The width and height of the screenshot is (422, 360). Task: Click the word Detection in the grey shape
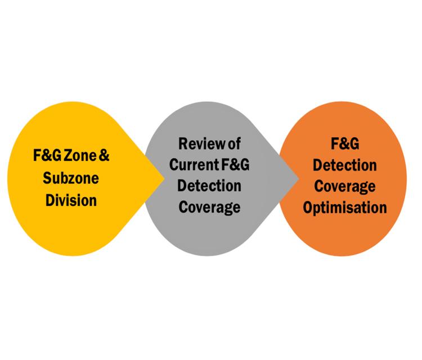[x=210, y=186]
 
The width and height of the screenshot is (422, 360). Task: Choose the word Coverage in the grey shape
[x=210, y=206]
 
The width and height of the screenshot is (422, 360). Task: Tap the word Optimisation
[x=345, y=207]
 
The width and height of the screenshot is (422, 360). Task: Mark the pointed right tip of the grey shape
[x=299, y=179]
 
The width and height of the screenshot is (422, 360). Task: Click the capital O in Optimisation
[x=308, y=207]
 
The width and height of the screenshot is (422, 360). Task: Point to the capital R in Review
[x=182, y=144]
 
